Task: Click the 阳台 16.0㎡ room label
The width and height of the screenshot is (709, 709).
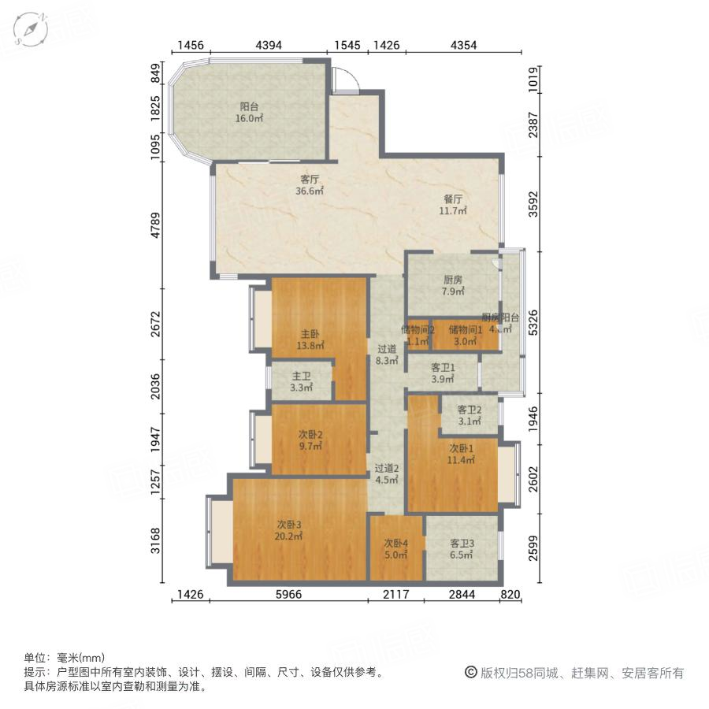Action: coord(250,113)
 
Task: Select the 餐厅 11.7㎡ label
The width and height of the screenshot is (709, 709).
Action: coord(454,205)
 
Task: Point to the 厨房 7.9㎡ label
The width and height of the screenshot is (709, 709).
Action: coord(452,286)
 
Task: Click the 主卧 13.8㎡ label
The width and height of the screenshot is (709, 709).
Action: coord(310,340)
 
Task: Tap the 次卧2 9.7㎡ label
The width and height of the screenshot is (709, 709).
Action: coord(310,440)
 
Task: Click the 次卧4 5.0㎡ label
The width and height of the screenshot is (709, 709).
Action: coord(395,549)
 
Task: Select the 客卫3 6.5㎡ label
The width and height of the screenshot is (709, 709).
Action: coord(461,549)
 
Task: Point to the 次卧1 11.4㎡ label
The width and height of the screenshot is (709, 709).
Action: coord(461,454)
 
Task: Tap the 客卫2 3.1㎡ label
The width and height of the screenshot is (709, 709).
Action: coord(469,415)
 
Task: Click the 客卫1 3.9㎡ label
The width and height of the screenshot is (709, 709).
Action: coord(443,373)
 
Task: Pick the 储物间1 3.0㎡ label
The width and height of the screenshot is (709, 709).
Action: coord(465,335)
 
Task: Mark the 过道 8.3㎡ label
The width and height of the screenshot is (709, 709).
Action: coord(386,355)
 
